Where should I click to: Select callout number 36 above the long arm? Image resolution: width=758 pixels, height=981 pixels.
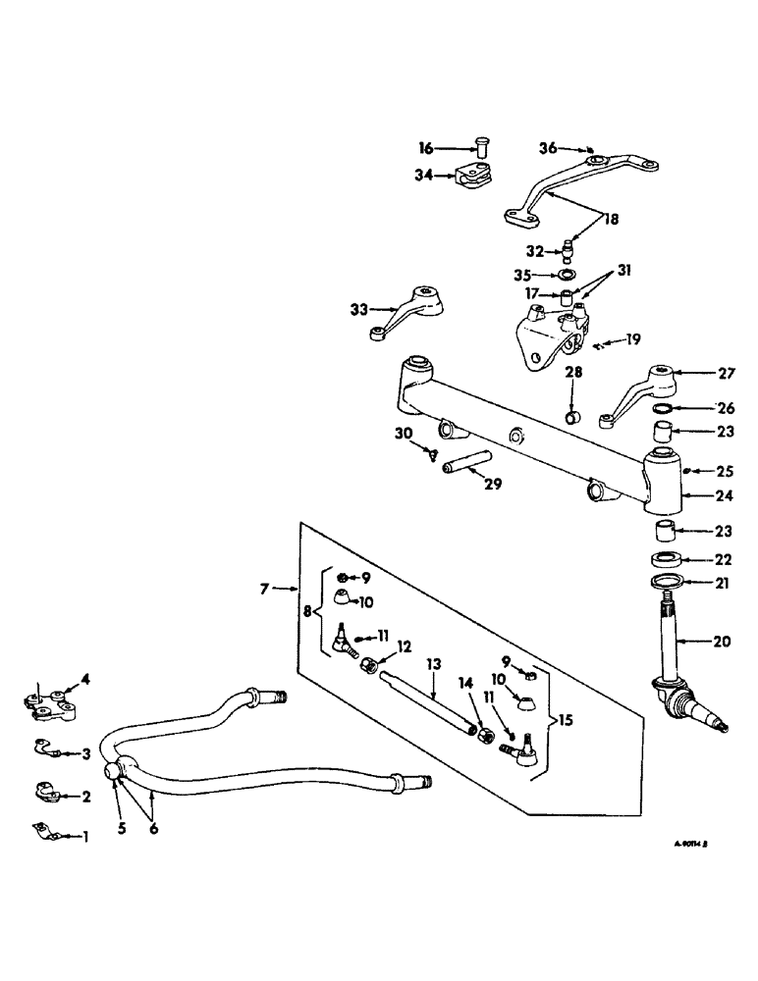(x=547, y=148)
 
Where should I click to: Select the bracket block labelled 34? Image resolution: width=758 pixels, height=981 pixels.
(x=477, y=178)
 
